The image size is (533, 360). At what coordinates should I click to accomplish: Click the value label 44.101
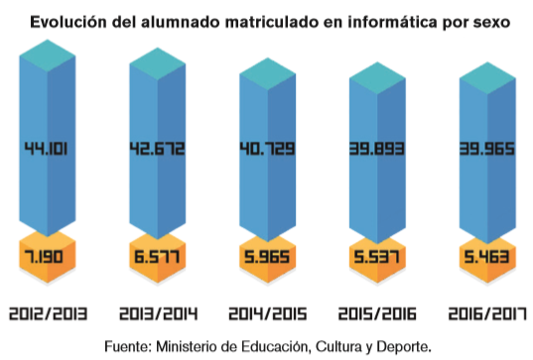[47, 150]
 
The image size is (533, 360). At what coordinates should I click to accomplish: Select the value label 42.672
[157, 150]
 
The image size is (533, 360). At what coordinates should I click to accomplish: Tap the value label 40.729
[266, 150]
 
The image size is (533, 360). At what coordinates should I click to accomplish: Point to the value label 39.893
[376, 150]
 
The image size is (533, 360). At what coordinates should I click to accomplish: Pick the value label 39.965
[485, 150]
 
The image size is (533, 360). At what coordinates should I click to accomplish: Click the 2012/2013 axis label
[48, 314]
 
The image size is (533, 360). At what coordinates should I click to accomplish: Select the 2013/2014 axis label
[157, 314]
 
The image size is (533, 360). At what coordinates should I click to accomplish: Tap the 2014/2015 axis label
[266, 314]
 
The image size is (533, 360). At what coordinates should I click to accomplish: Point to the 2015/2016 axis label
[376, 314]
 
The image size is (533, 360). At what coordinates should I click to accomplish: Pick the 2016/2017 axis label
[485, 314]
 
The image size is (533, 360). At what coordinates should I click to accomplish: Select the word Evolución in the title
[70, 21]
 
